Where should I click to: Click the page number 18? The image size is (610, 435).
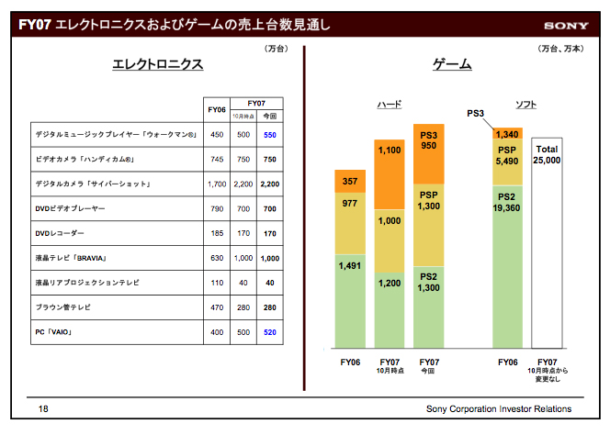[43, 408]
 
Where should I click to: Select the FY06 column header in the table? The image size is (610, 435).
[218, 110]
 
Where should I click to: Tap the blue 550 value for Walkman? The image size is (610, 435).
[270, 134]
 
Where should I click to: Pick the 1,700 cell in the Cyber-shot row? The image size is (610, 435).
[218, 184]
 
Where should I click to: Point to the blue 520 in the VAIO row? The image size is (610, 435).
[270, 332]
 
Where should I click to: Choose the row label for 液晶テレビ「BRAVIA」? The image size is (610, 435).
[74, 258]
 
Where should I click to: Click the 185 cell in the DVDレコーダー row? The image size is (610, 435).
[218, 233]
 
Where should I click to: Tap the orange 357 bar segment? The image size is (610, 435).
[350, 181]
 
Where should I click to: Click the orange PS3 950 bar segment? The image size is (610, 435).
[429, 139]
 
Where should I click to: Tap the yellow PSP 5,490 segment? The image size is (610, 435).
[507, 156]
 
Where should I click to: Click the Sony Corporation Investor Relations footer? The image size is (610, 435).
[499, 408]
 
